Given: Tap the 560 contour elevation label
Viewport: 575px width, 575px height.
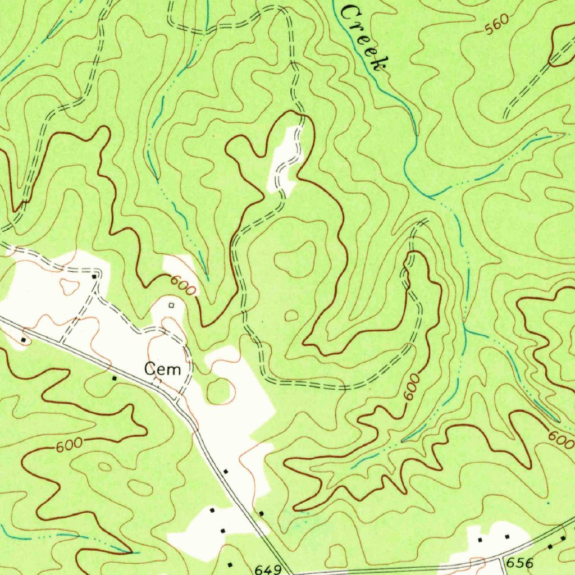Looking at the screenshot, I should coord(496,25).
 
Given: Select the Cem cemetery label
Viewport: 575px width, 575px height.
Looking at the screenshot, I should coord(163,369).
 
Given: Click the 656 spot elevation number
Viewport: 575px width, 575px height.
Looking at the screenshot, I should coord(519,562).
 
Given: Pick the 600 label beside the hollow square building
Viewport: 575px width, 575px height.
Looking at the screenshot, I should coord(184,286).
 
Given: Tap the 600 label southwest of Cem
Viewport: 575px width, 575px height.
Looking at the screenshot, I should coord(69,445).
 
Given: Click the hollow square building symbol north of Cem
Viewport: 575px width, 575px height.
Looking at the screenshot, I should coord(171,305).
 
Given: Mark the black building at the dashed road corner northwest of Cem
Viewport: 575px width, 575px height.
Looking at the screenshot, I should coord(94,276).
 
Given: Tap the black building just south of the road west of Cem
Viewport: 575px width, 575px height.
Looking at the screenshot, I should coord(115,378).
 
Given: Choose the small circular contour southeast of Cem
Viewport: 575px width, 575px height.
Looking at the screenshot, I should coord(220,391).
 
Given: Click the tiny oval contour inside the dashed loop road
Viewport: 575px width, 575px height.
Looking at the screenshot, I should coord(291,316).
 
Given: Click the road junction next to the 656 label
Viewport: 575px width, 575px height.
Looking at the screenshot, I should coord(501,558).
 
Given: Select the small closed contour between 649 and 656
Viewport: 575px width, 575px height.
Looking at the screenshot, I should coord(337,556).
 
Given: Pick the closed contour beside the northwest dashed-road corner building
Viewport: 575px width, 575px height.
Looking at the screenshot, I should coord(71,287).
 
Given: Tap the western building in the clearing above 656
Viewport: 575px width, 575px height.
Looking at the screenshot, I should coord(480,539).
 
